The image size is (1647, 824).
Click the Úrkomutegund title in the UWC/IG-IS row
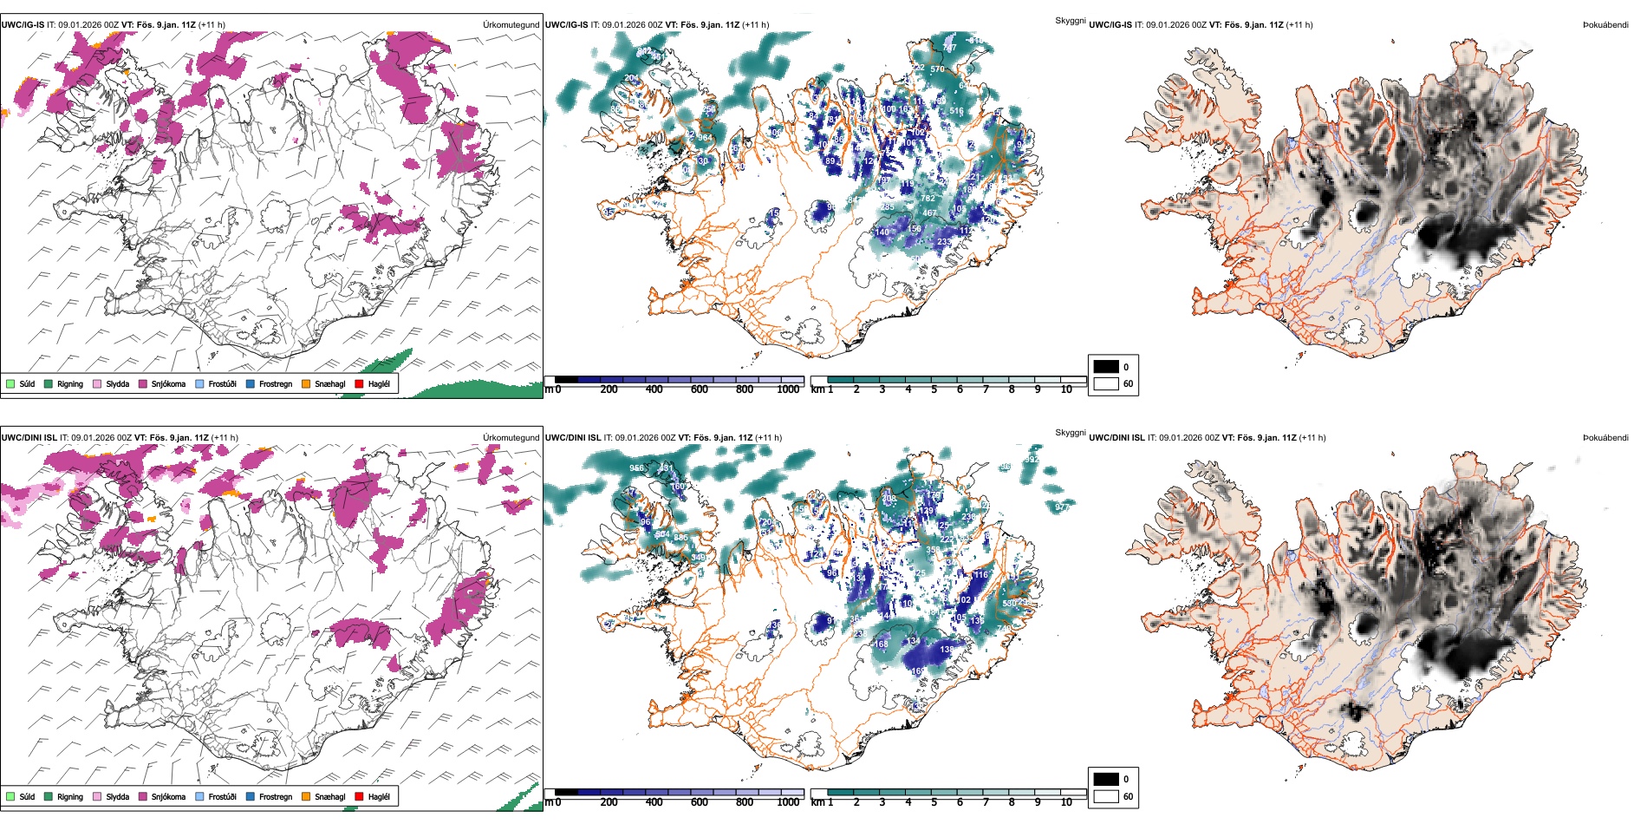(x=511, y=25)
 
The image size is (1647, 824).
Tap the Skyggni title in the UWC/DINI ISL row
(x=1070, y=432)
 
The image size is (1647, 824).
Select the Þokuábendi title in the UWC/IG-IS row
(x=1605, y=25)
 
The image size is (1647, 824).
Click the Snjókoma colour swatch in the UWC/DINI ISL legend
(x=143, y=796)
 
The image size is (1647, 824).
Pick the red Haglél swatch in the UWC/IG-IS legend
(x=360, y=383)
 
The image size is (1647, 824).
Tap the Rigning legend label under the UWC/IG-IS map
(x=70, y=384)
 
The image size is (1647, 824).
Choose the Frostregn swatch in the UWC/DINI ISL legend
(x=251, y=796)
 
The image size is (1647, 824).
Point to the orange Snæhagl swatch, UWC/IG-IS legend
(x=306, y=383)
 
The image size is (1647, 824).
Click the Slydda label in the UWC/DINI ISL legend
(x=118, y=797)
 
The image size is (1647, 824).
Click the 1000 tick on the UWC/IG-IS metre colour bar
(x=788, y=389)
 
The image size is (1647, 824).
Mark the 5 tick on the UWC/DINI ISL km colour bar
(x=934, y=802)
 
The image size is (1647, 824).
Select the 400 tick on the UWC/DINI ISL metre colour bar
(x=654, y=802)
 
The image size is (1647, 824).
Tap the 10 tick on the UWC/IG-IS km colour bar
(x=1066, y=389)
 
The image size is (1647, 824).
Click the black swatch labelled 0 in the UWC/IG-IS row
(x=1106, y=367)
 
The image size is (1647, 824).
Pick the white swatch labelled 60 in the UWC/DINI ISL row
(x=1106, y=796)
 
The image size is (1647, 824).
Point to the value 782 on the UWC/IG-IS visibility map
(x=928, y=199)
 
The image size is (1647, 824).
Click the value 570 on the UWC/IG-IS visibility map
(x=937, y=69)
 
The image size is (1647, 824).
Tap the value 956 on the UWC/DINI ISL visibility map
(x=636, y=468)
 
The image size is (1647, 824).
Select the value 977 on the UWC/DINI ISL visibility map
(x=1062, y=506)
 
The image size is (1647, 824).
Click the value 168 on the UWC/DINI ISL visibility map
(x=881, y=644)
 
